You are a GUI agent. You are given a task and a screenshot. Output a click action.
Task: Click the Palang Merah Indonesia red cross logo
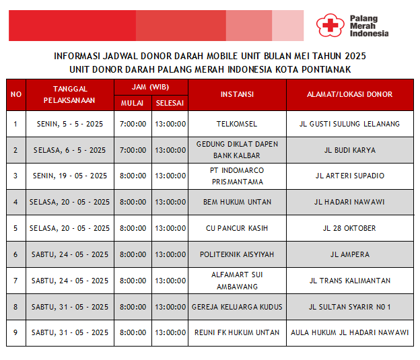[x=329, y=26]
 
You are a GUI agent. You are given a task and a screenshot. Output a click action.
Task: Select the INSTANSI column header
[x=237, y=94]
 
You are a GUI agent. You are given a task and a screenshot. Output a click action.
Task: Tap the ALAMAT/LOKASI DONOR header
[x=349, y=94]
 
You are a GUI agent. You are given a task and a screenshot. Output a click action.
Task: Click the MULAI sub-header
[x=133, y=103]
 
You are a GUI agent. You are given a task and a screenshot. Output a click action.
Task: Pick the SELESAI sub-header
[x=170, y=103]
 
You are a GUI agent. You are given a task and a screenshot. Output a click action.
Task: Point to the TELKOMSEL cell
[x=237, y=124]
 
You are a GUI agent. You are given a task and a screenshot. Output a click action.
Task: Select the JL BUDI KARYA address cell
[x=349, y=150]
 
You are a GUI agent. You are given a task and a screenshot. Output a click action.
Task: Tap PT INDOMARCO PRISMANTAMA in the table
[x=237, y=176]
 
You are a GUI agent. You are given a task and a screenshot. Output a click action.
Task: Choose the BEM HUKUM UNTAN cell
[x=237, y=202]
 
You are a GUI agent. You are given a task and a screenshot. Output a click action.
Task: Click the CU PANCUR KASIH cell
[x=237, y=228]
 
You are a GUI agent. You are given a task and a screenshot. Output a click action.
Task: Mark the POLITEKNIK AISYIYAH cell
[x=237, y=254]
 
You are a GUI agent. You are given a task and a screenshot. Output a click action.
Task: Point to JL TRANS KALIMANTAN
[x=349, y=281]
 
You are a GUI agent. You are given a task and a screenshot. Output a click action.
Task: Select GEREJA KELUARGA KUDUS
[x=237, y=307]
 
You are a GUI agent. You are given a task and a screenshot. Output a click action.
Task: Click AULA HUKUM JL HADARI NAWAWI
[x=349, y=332]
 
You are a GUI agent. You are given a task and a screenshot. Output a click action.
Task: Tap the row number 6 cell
[x=16, y=254]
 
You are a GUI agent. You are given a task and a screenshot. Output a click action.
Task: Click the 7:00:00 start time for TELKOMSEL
[x=133, y=124]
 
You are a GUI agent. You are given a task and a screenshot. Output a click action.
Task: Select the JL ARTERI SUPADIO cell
[x=349, y=176]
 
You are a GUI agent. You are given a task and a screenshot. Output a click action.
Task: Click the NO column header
[x=16, y=94]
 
